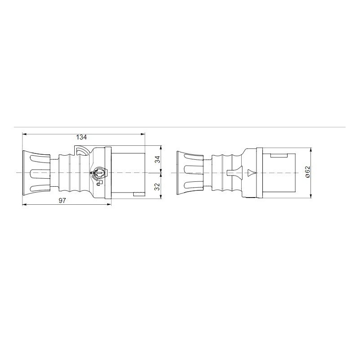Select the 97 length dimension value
click(63, 201)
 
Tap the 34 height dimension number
click(157, 159)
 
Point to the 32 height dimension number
click(157, 186)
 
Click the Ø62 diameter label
click(307, 172)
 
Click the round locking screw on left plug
click(98, 172)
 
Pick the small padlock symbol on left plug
click(99, 182)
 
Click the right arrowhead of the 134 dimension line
click(144, 134)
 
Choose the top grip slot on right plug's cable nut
click(193, 158)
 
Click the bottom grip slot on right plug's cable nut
click(193, 188)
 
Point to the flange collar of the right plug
click(260, 173)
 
